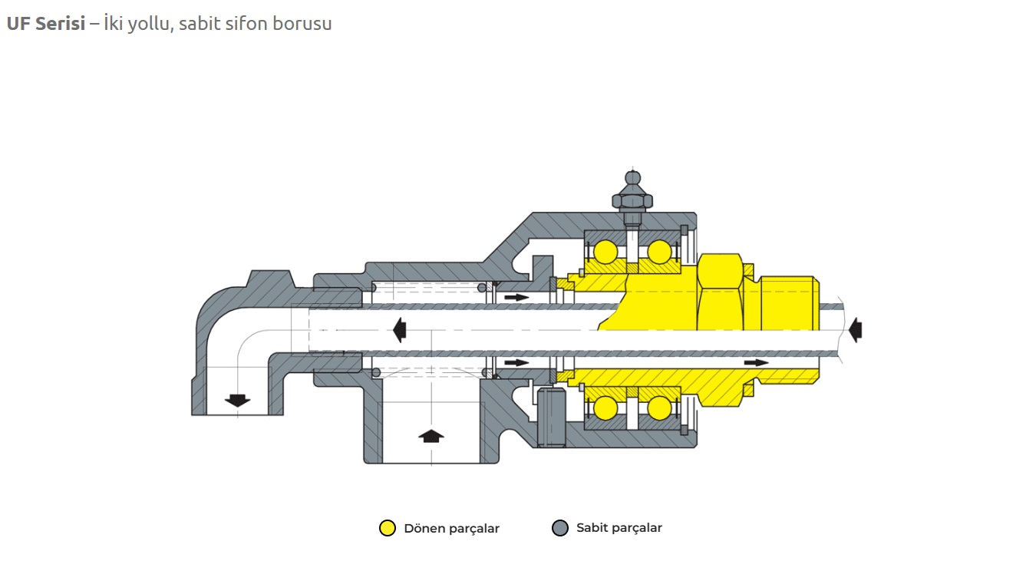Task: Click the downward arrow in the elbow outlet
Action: coord(237,400)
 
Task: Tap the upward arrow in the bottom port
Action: coord(431,435)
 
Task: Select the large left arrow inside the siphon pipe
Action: coord(398,330)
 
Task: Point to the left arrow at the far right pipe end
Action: coord(855,330)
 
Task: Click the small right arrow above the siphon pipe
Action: coord(516,297)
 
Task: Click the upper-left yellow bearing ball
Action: coord(605,252)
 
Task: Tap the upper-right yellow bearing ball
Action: coord(658,252)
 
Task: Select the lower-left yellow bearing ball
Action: coord(605,408)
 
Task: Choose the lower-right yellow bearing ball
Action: coord(658,408)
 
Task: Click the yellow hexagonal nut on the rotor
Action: coord(721,292)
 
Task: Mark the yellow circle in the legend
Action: coord(388,528)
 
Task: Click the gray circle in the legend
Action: coord(560,528)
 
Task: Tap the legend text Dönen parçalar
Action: coord(451,529)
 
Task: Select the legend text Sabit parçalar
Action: coord(619,528)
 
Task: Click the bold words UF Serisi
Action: coord(45,24)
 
